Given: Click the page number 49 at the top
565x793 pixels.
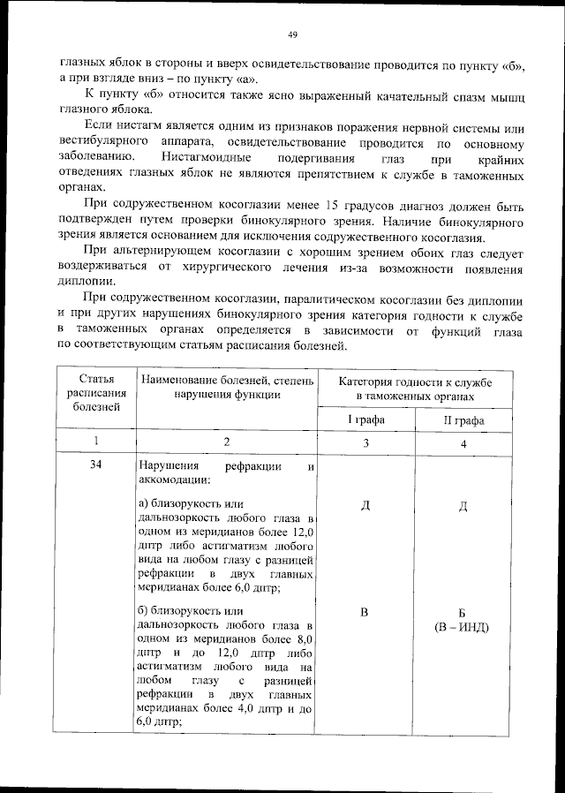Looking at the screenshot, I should tap(292, 35).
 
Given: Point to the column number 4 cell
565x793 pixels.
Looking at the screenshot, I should tap(463, 442).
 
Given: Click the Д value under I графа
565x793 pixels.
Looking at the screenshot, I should tap(364, 506).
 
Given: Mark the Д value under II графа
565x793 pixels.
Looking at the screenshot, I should tap(463, 506).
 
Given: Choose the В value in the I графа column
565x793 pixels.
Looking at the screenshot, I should tap(364, 612).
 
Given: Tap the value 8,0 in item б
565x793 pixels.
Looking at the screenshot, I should tap(305, 638).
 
